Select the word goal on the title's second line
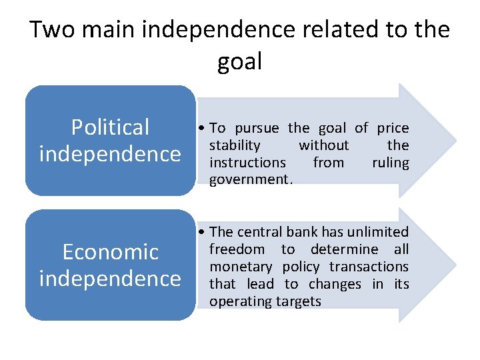tap(240, 62)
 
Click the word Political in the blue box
tap(111, 127)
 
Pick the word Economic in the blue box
tap(111, 251)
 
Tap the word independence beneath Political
tap(111, 154)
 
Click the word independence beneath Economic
tap(111, 278)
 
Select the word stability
tap(235, 145)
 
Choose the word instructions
tap(247, 163)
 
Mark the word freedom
tap(237, 249)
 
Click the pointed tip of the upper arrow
tap(455, 141)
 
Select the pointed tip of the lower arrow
tap(455, 265)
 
